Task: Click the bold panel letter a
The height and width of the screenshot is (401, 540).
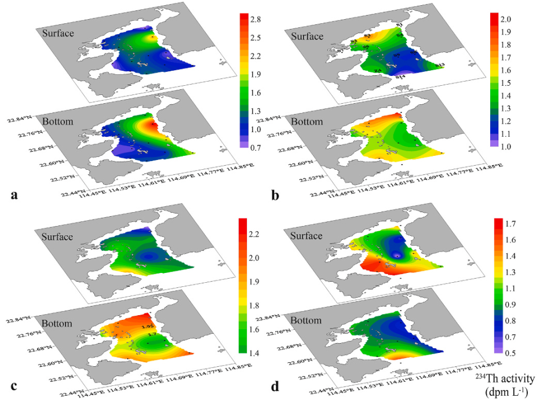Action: pyautogui.click(x=14, y=195)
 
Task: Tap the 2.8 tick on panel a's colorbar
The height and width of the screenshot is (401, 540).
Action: pyautogui.click(x=254, y=20)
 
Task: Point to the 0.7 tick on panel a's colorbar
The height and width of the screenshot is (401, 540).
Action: pyautogui.click(x=254, y=148)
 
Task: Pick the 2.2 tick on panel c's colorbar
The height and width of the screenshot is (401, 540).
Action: pyautogui.click(x=254, y=234)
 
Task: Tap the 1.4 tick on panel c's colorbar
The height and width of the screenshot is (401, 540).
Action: pyautogui.click(x=254, y=352)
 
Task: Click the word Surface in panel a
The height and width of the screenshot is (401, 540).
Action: pyautogui.click(x=58, y=33)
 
